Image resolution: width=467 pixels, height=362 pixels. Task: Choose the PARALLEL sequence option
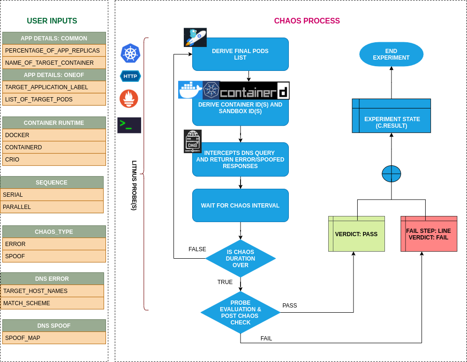click(52, 207)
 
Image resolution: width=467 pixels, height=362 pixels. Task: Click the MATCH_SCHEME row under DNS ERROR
click(52, 303)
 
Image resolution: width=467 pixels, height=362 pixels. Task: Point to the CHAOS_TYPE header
click(54, 232)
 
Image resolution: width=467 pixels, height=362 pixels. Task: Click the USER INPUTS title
click(52, 21)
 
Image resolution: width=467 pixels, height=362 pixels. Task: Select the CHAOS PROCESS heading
click(307, 21)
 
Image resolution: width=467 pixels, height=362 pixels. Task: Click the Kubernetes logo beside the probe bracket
click(130, 53)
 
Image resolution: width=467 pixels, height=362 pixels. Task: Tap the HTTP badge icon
click(130, 76)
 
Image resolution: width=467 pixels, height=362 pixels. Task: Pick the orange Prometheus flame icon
click(129, 99)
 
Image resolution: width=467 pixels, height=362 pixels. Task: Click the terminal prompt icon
click(129, 125)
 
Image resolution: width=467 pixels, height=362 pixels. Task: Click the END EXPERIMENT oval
click(391, 54)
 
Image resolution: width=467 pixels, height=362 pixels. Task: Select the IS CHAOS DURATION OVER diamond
click(241, 259)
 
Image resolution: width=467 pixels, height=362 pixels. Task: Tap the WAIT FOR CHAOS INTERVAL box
click(241, 206)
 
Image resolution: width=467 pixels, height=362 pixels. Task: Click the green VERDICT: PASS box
click(356, 234)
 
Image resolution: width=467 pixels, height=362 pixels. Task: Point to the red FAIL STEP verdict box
click(429, 234)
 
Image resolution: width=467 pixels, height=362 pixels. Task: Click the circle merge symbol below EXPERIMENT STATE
click(392, 174)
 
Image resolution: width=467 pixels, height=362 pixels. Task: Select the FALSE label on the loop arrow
click(197, 249)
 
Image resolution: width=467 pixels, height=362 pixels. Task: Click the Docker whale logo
click(190, 90)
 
